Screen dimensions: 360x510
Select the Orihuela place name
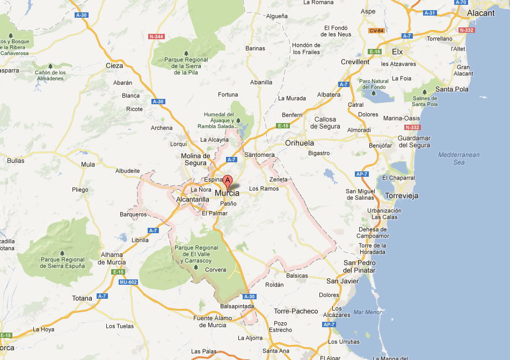coord(300,143)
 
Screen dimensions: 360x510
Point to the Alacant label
coord(480,13)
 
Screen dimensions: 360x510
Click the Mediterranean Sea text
coord(459,158)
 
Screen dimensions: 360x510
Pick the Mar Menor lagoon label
coord(367,312)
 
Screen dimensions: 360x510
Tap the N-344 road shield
coord(156,37)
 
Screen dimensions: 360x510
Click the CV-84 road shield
coord(376,31)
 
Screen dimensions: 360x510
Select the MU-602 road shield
coord(128,282)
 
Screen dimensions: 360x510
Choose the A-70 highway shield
coord(461,2)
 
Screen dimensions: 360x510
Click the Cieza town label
coord(114,66)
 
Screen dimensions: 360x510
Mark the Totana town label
coord(82,298)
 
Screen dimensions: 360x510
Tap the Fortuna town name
coord(228,95)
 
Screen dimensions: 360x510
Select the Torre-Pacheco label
coord(296,311)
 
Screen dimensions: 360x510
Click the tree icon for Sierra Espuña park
coord(62,253)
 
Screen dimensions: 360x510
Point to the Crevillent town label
coord(355,62)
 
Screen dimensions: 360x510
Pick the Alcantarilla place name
coord(193,199)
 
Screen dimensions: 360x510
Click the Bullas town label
coord(16,160)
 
